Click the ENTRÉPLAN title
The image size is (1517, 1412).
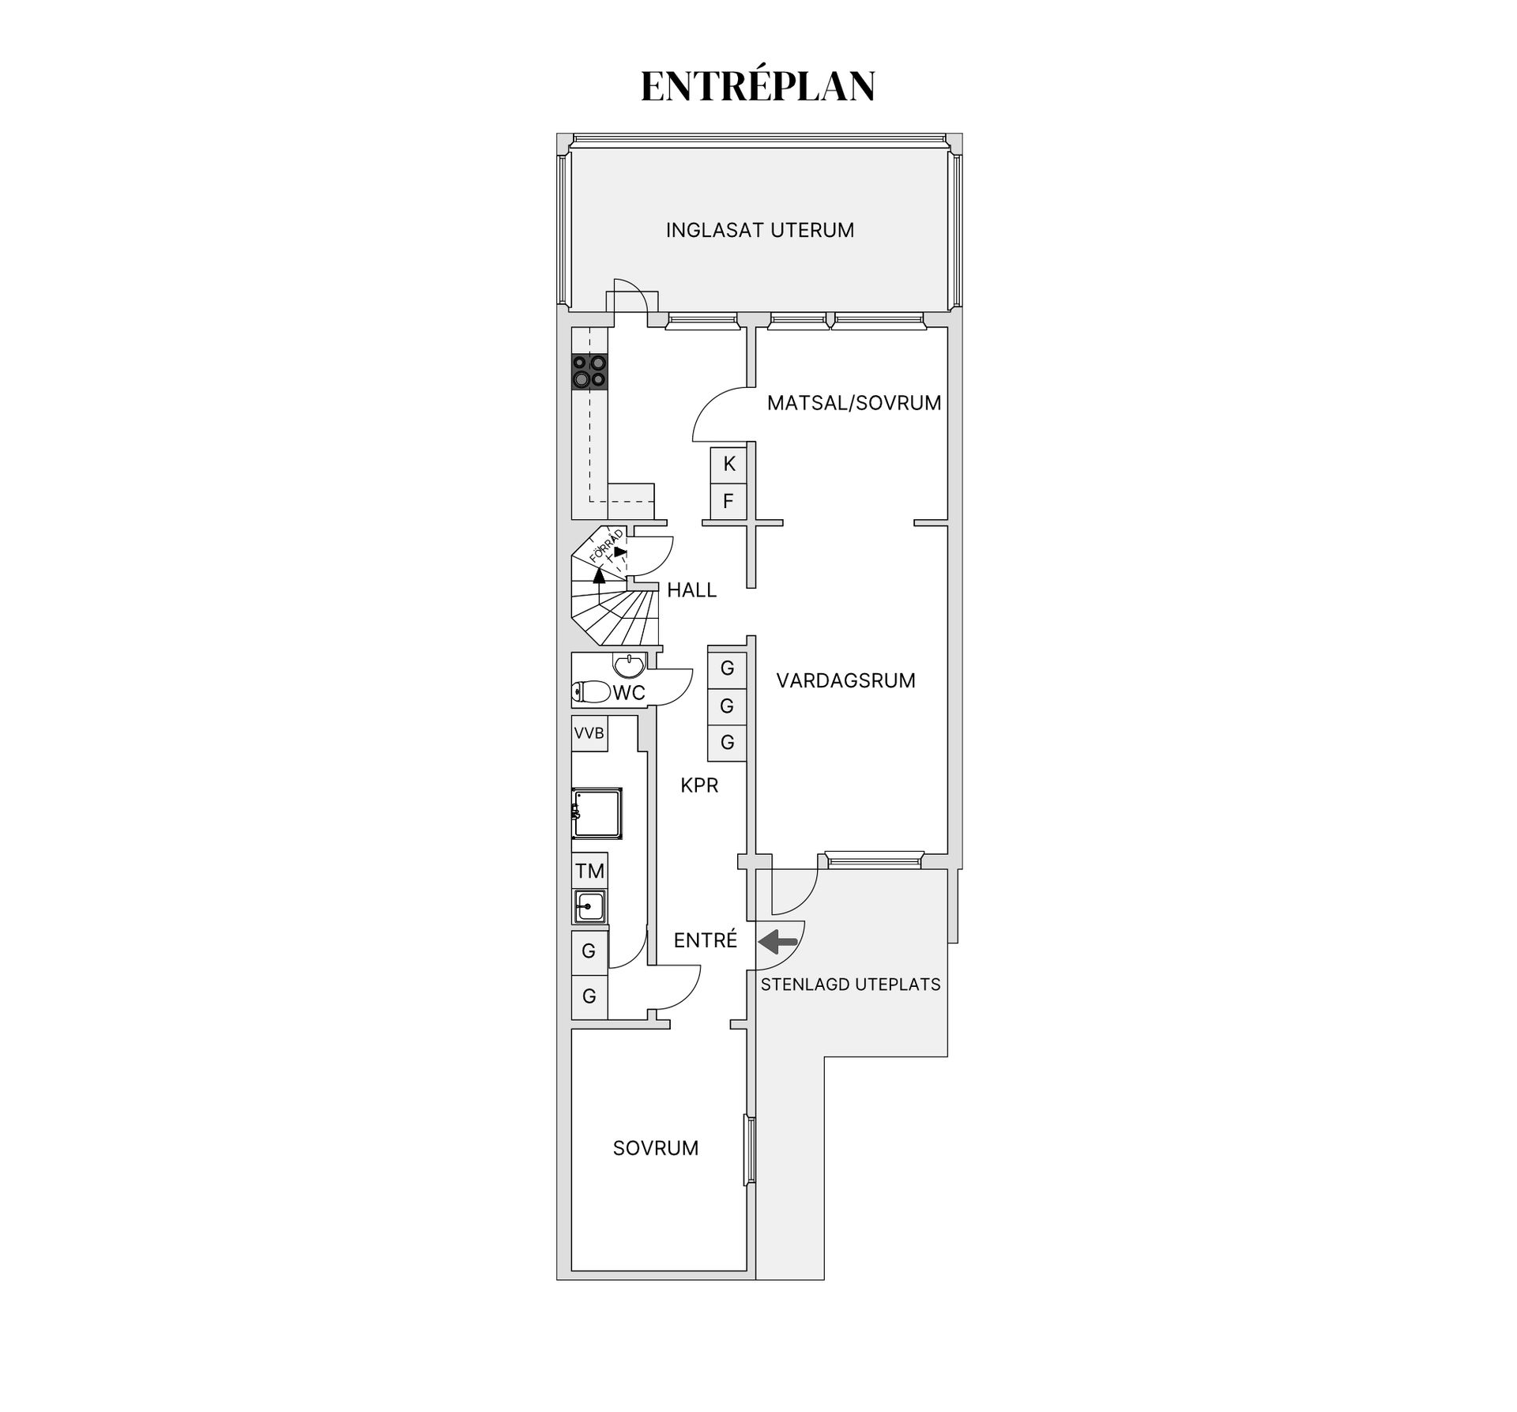tap(758, 86)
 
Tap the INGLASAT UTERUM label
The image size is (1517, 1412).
tap(760, 230)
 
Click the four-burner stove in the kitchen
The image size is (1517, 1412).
tap(590, 371)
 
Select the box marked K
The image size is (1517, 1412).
tap(728, 464)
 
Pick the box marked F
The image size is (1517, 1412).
tap(728, 501)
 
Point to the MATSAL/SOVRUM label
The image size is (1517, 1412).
tap(854, 403)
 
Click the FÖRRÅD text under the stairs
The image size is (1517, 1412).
tap(606, 546)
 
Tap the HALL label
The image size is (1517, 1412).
tap(692, 590)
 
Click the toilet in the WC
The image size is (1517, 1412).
tap(591, 693)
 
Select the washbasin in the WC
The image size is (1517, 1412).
tap(630, 666)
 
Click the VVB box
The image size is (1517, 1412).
tap(589, 733)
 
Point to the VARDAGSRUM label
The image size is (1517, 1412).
tap(845, 680)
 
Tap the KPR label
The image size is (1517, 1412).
tap(700, 785)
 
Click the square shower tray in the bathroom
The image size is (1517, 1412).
tap(597, 813)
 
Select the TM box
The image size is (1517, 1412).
tap(589, 871)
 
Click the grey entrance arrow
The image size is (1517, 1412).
tap(777, 942)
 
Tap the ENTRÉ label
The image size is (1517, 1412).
tap(706, 940)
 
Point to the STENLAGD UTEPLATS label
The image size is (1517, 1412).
tap(851, 985)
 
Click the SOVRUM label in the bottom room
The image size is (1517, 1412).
tap(656, 1148)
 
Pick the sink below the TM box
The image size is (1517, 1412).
tap(589, 906)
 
